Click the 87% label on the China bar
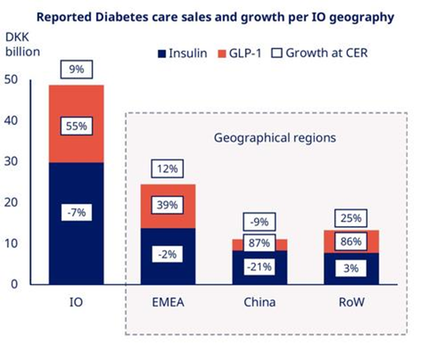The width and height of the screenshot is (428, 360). (x=260, y=242)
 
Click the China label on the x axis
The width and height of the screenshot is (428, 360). (x=260, y=302)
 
